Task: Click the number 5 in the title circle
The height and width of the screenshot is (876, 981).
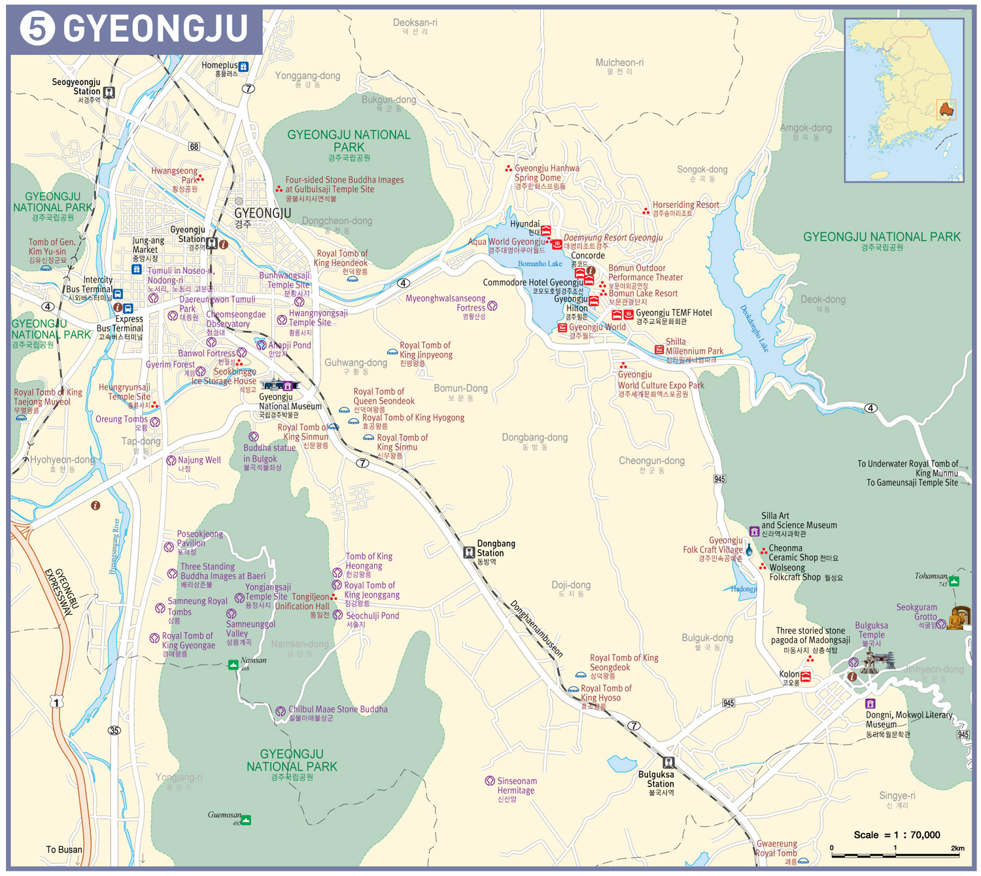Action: (37, 29)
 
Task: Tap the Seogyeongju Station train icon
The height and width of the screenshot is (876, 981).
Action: (109, 92)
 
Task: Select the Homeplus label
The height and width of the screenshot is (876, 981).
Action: (219, 65)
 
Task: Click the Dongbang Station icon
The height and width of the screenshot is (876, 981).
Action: (469, 552)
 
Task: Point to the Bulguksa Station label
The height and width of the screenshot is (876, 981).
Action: (655, 779)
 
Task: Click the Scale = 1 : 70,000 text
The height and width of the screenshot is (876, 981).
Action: (897, 835)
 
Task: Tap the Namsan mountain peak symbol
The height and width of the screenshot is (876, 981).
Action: (233, 665)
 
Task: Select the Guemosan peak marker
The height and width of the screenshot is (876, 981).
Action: (246, 820)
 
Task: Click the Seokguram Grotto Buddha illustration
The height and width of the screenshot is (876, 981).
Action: (958, 618)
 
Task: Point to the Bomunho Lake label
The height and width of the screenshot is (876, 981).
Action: (540, 264)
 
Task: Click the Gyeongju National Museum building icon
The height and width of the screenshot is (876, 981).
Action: (279, 385)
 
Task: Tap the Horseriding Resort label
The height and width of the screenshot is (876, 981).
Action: (685, 205)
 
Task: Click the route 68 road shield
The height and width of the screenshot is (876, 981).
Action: (194, 146)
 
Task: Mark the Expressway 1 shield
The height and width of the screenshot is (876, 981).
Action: (57, 703)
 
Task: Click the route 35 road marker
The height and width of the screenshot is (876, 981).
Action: (114, 730)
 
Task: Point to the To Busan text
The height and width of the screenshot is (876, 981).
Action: (64, 849)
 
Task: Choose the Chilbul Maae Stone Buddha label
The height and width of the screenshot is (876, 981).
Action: (337, 709)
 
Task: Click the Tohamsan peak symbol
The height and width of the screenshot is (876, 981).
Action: (954, 581)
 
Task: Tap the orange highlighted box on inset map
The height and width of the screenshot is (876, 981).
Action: (946, 109)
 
